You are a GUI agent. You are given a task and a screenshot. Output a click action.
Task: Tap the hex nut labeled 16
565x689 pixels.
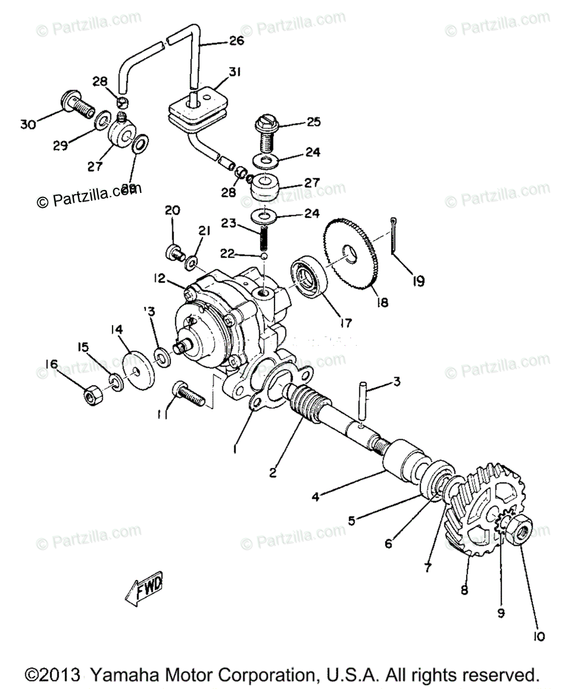[92, 395]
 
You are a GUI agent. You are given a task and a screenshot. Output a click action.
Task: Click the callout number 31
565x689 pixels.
[219, 72]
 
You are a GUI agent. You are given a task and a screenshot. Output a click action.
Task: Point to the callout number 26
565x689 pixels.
[236, 41]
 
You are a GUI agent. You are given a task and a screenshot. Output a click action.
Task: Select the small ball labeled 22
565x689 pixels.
[264, 256]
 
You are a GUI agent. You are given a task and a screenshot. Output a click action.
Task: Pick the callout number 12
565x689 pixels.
[159, 278]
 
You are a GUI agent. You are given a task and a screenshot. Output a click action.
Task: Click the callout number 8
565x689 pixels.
[464, 590]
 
